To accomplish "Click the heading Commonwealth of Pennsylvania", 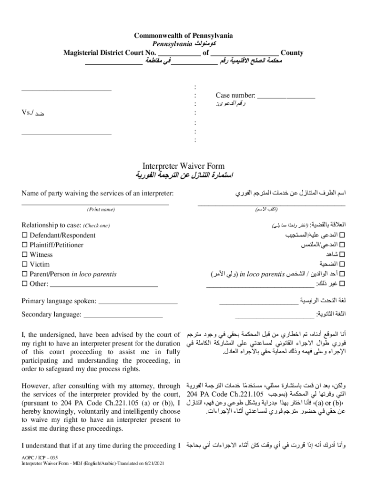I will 183,36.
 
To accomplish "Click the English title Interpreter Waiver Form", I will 183,166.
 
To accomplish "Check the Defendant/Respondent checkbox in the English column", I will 25,235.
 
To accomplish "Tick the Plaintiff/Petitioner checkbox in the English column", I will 25,245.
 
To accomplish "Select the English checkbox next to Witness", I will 25,255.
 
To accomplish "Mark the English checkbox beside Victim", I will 25,264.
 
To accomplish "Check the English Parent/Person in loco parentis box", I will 25,274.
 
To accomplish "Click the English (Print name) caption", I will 101,210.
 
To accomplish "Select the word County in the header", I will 292,53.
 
